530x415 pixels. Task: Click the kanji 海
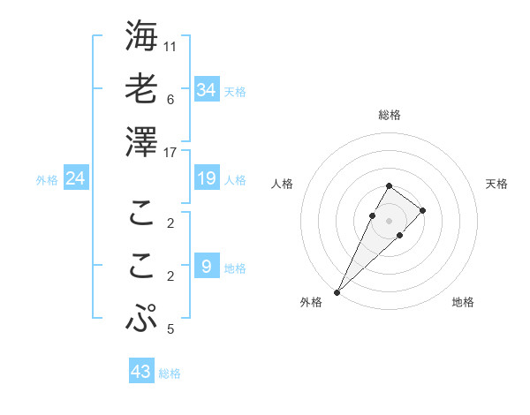[142, 37]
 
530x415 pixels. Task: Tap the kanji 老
[142, 89]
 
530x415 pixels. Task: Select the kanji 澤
[142, 141]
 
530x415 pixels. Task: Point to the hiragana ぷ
[142, 318]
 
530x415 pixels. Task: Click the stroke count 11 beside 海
[170, 46]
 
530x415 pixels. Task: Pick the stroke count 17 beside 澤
[170, 153]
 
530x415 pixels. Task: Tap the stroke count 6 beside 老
[170, 99]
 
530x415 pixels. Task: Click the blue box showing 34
[206, 90]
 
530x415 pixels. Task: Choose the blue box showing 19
[206, 178]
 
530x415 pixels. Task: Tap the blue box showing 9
[206, 267]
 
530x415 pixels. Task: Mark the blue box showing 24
[76, 178]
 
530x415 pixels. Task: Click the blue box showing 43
[141, 372]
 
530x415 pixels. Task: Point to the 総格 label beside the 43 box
[170, 373]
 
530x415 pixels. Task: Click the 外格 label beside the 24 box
[47, 180]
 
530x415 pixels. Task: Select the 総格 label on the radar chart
[389, 115]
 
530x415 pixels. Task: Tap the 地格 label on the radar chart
[463, 303]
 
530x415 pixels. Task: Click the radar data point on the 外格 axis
[337, 291]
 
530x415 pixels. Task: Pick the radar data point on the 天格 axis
[423, 210]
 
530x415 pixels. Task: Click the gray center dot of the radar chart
[389, 220]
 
